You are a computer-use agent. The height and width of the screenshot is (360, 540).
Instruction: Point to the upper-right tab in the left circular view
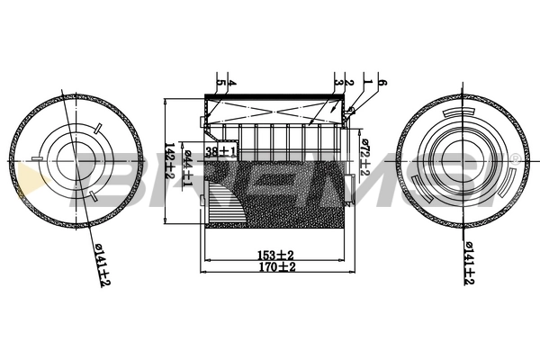[x=95, y=125]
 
